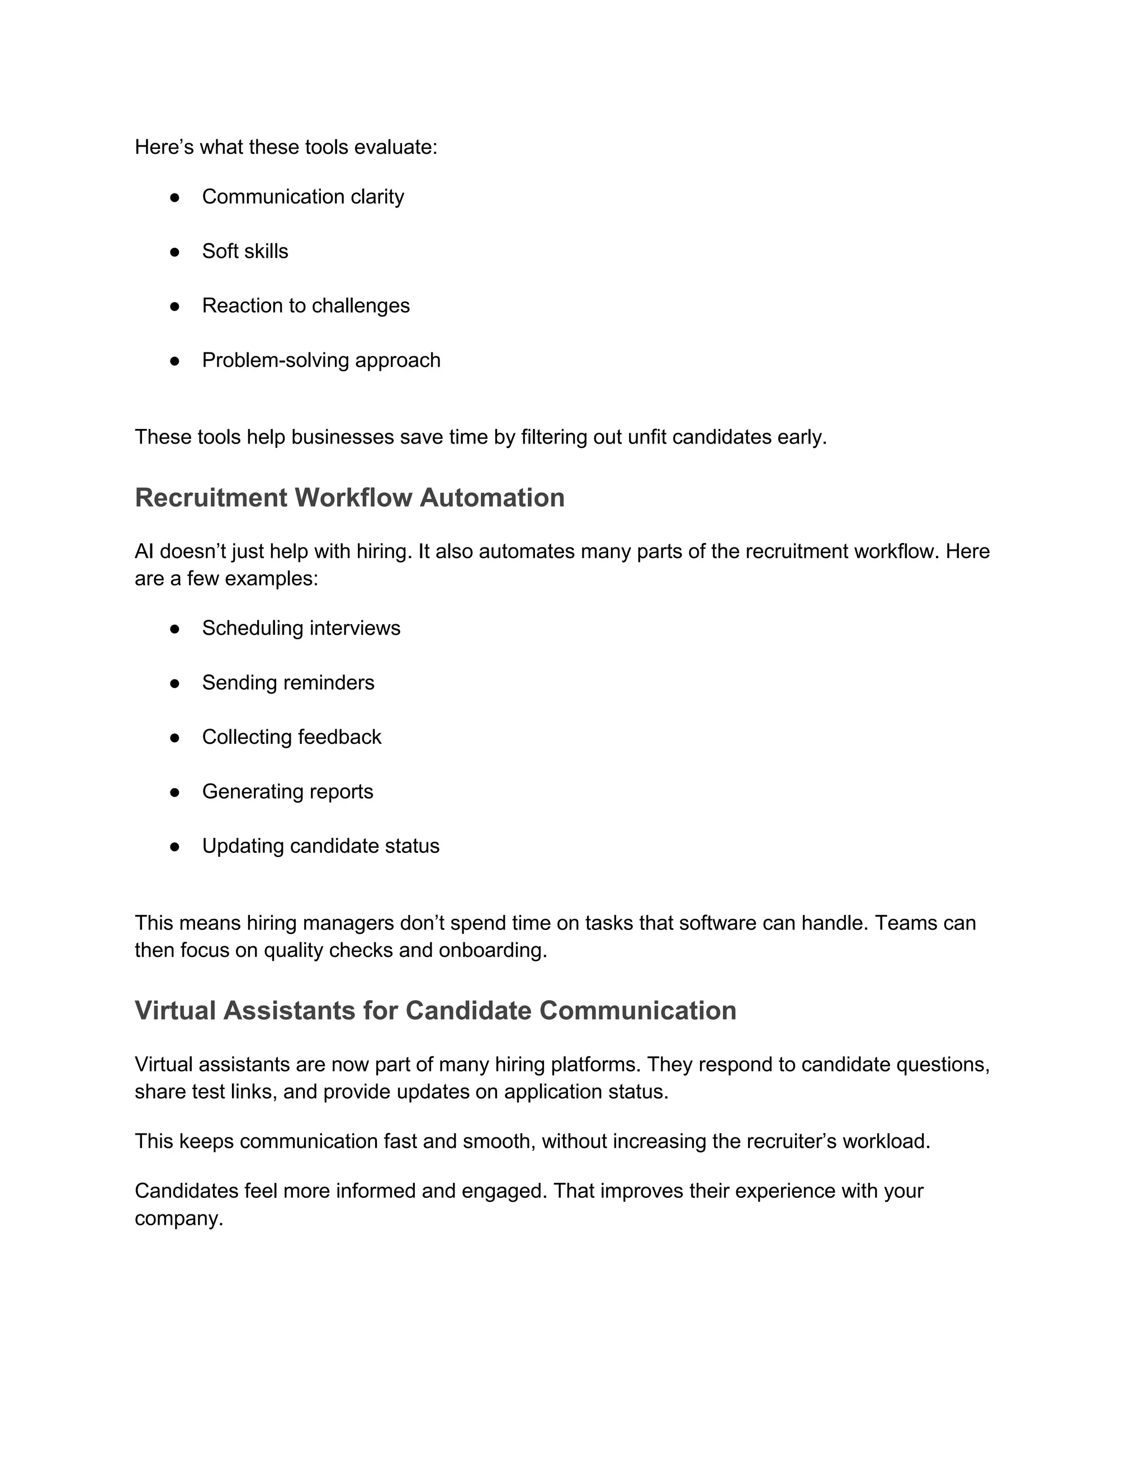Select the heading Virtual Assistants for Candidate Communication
pos(436,1011)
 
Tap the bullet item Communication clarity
pos(302,197)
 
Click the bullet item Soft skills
pos(245,251)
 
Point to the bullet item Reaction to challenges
pos(305,305)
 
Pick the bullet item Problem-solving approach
pos(321,360)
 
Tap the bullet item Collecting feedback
pos(292,737)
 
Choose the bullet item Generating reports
pos(287,792)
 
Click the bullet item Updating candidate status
pos(320,846)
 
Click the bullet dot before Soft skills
pos(174,252)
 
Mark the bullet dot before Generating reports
pos(174,792)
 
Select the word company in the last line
pos(178,1219)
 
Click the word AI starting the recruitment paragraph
pos(144,551)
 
